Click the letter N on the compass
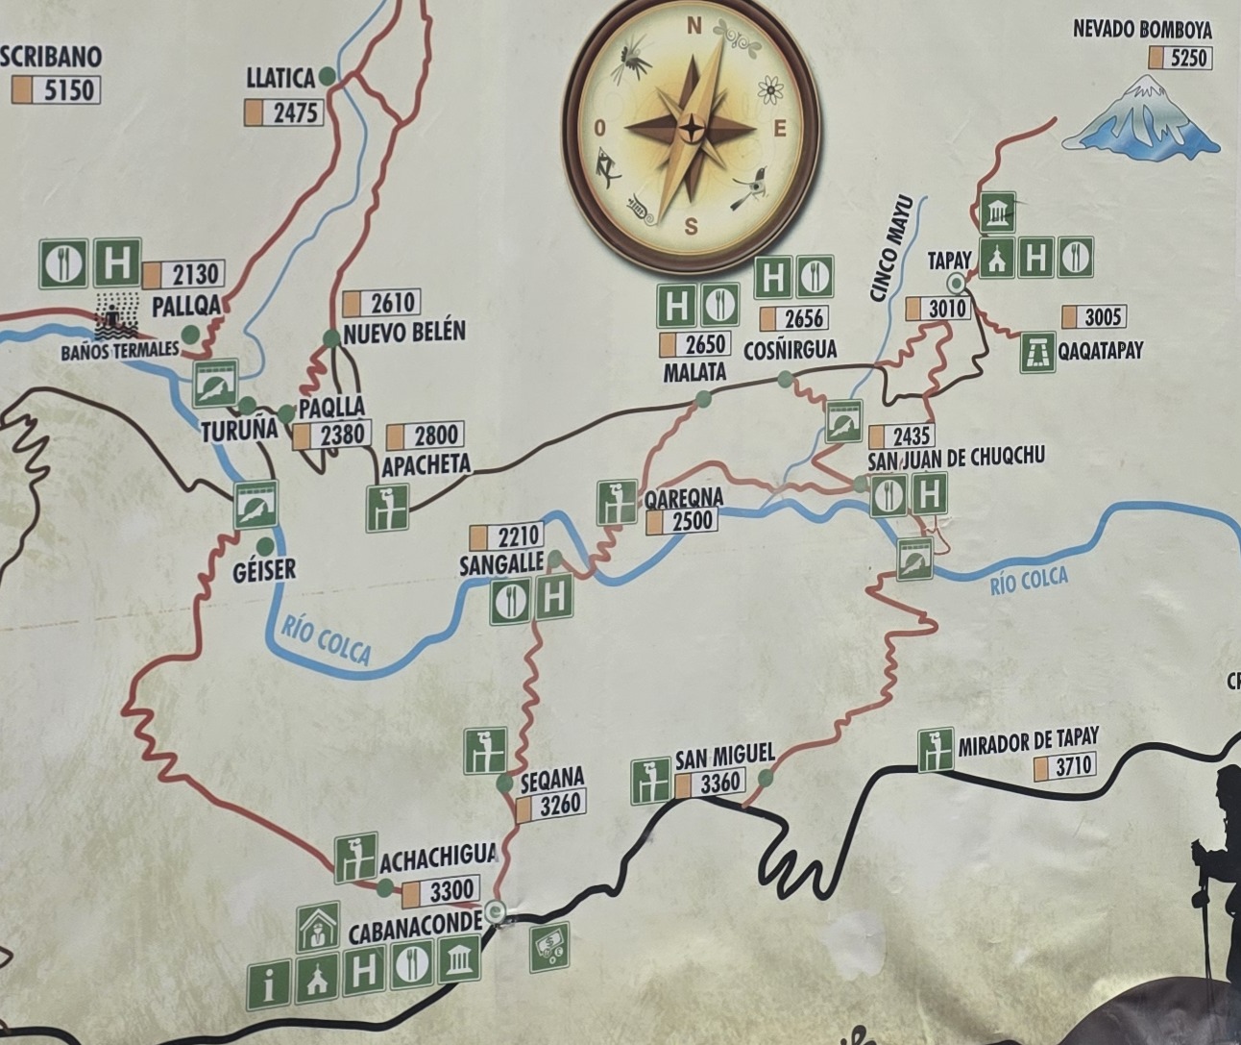tap(693, 28)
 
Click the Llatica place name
tap(280, 77)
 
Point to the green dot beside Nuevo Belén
tap(331, 338)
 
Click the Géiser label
tap(264, 570)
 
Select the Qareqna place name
tap(684, 499)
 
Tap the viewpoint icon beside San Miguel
tap(650, 781)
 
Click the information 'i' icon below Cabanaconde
tap(269, 984)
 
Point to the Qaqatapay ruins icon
tap(1037, 352)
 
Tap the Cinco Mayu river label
tap(889, 261)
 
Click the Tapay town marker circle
tap(956, 282)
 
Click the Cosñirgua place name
tap(790, 348)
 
